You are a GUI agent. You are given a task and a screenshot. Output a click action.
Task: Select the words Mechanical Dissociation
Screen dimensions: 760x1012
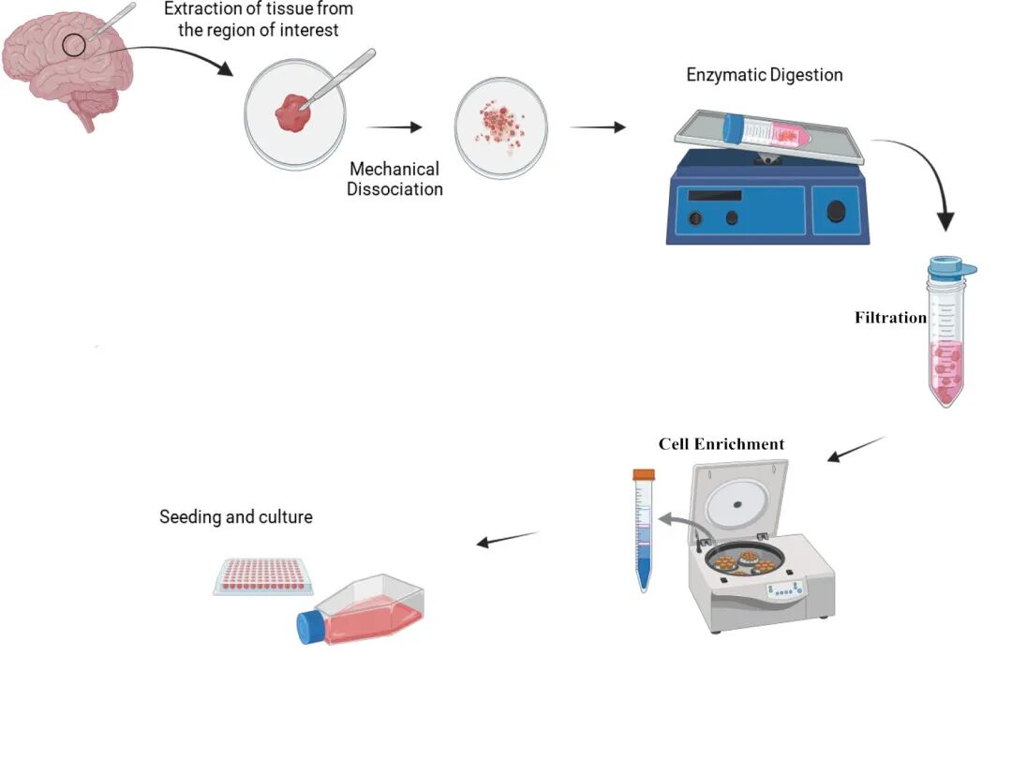coord(394,179)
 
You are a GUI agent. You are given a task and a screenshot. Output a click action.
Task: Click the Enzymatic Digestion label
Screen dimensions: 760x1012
coord(765,75)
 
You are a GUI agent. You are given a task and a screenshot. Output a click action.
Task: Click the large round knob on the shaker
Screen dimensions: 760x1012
coord(836,212)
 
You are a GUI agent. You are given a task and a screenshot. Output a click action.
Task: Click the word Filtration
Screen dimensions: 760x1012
coord(890,318)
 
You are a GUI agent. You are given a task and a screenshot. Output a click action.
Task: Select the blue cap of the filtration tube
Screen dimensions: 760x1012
coord(951,269)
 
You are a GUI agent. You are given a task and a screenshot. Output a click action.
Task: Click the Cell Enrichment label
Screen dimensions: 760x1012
coord(722,444)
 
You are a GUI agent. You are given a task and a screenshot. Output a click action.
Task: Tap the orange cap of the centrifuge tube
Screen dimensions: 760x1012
coord(643,475)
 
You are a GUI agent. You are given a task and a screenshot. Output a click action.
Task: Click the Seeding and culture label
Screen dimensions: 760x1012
coord(236,516)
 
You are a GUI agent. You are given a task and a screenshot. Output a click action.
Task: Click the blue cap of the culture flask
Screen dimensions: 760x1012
coord(310,627)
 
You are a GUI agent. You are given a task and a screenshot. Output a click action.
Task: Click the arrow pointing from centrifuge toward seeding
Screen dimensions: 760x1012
coord(508,540)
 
